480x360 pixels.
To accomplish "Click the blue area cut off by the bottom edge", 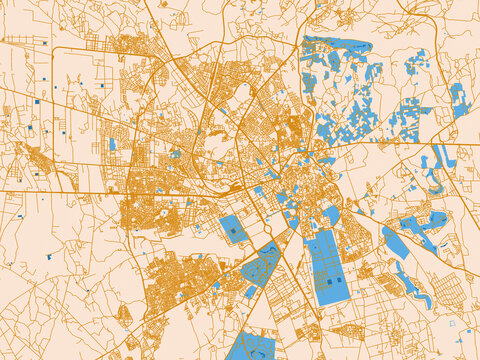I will [251, 347].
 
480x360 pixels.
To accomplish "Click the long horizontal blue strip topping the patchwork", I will [335, 44].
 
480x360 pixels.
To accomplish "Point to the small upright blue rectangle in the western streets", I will [112, 144].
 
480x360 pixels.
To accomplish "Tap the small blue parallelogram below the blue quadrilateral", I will [251, 292].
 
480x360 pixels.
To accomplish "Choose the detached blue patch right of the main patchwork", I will [409, 120].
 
